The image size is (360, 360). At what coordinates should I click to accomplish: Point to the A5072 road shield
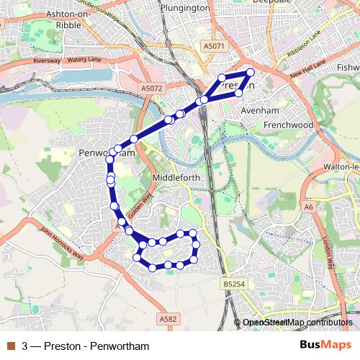151,89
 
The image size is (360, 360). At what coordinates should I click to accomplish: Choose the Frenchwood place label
288,125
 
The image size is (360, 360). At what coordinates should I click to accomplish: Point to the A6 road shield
309,207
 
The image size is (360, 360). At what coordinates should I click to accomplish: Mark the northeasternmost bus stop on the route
251,72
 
